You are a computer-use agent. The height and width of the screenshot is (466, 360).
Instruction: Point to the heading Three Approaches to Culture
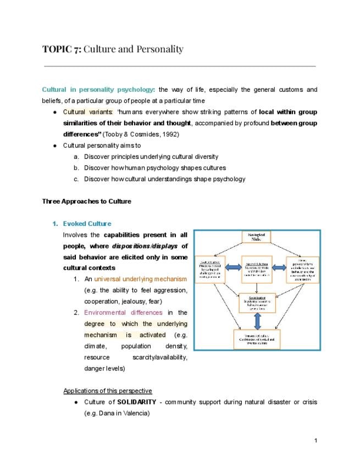coord(87,201)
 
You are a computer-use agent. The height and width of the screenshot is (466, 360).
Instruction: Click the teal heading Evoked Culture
coord(87,224)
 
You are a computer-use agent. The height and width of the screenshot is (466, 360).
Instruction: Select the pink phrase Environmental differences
coord(123,313)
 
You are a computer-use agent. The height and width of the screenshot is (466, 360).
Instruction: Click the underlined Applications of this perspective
coord(108,391)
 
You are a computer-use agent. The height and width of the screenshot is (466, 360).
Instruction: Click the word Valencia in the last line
coord(135,413)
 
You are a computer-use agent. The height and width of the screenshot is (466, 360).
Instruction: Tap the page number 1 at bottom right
coord(316,441)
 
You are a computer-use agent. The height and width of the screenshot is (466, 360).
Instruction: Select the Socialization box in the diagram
coord(257,301)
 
